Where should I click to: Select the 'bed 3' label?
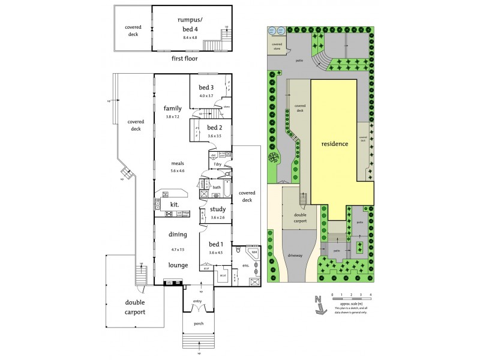207,88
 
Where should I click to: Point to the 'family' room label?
172,109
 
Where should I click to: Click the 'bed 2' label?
215,128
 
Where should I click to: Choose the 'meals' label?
176,163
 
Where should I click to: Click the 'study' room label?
218,209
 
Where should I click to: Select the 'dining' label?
178,234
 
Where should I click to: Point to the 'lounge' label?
179,265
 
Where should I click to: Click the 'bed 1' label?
216,244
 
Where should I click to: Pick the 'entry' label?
197,301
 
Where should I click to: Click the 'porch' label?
199,323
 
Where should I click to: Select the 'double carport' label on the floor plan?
135,307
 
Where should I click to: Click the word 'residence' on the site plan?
334,145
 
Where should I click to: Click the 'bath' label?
217,187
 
